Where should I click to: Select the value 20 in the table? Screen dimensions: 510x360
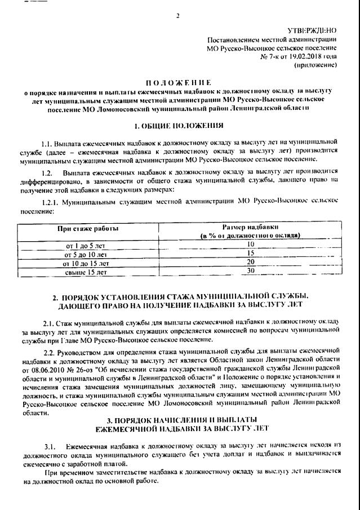tap(251, 262)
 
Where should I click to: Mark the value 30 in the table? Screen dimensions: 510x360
tap(251, 271)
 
